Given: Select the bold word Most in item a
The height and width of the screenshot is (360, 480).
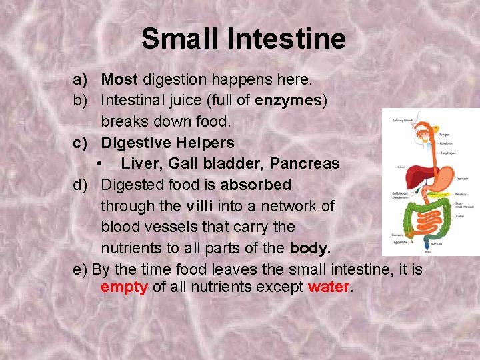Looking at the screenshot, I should point(119,80).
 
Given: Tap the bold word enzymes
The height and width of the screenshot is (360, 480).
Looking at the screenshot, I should point(289,101).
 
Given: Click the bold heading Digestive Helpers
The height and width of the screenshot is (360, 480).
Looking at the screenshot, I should point(167,143).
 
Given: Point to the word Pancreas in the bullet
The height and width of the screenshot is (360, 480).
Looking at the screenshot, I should point(305,163).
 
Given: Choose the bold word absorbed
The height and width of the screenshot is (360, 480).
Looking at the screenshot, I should point(256,185).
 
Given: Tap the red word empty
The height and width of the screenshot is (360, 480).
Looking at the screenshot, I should point(124,288).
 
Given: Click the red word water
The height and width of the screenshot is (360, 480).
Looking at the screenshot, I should point(329,288).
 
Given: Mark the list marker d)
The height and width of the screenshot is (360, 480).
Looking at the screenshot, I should point(81,185).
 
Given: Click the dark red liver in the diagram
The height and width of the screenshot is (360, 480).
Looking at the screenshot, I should point(417,172).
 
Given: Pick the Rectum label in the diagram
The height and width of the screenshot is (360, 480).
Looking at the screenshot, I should point(436,244).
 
